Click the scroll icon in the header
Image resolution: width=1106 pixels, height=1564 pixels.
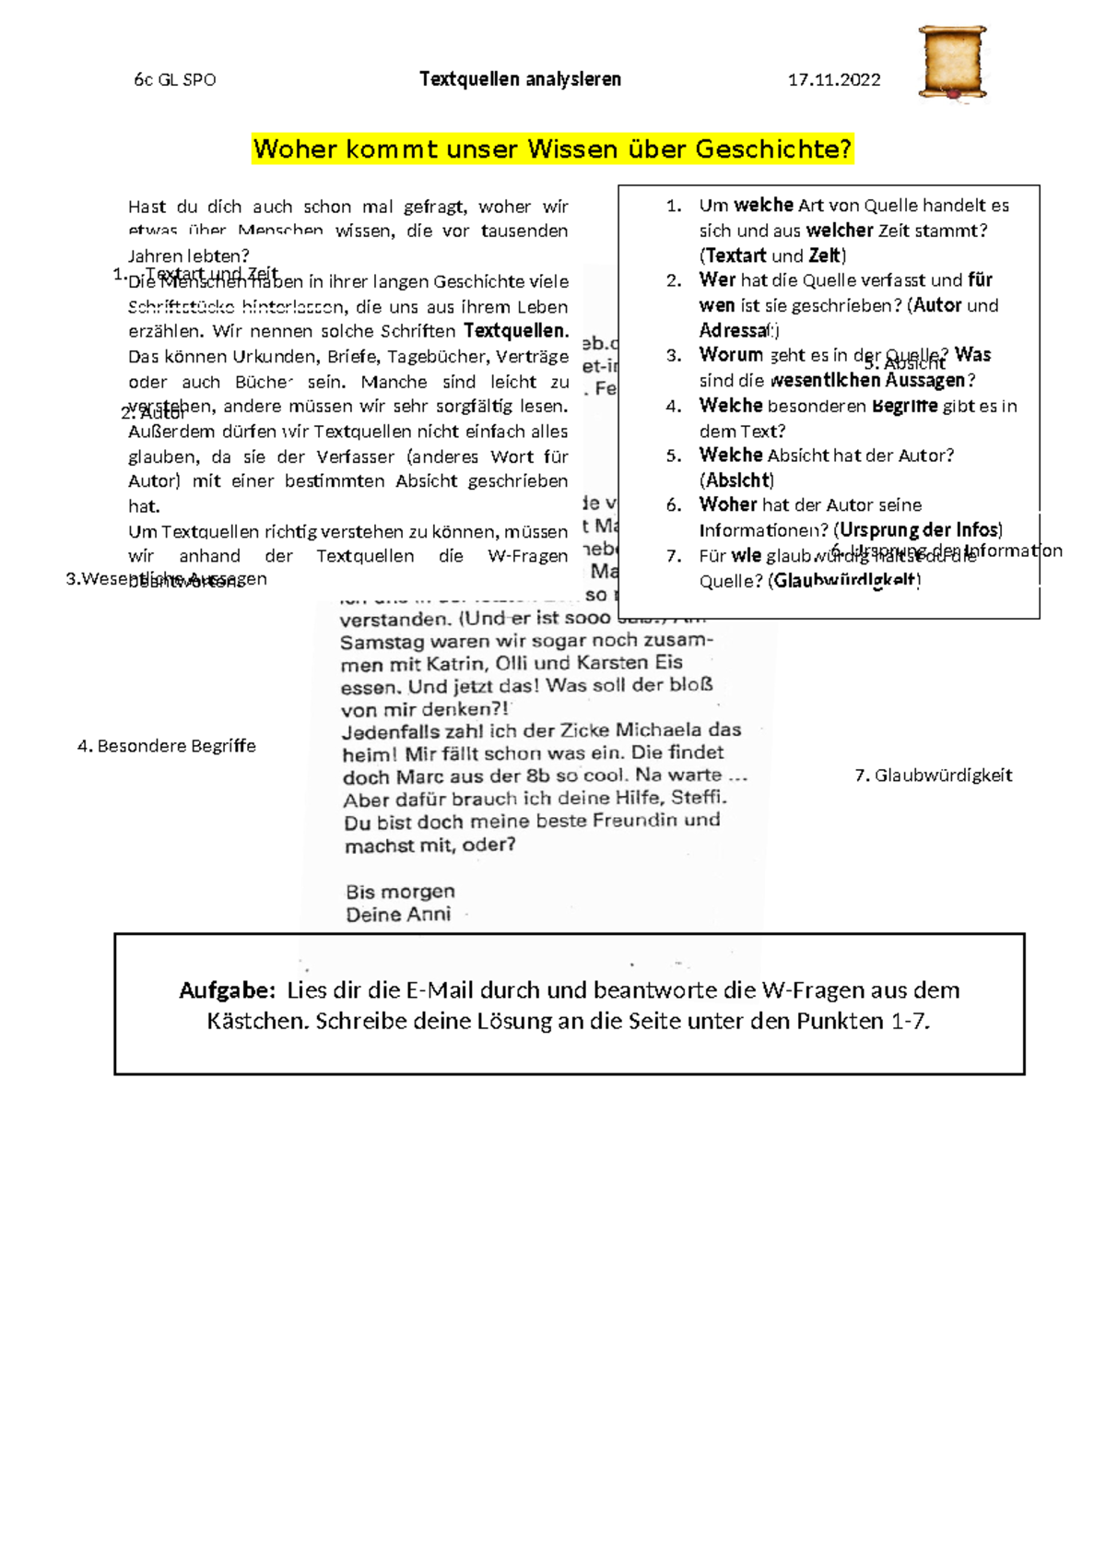953,63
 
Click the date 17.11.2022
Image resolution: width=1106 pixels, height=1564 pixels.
834,80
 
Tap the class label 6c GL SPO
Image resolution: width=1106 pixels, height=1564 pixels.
175,80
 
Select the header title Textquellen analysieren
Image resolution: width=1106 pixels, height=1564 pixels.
520,79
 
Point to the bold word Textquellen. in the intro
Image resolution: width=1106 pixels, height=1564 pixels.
515,331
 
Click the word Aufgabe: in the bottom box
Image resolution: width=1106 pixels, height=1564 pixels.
227,990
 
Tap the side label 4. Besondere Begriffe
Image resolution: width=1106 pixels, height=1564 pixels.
167,746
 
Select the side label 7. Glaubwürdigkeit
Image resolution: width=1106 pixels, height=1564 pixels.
934,776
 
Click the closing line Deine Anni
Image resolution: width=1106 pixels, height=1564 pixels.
398,915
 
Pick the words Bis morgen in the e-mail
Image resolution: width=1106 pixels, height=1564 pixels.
400,892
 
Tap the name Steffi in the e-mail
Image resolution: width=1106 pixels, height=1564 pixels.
696,799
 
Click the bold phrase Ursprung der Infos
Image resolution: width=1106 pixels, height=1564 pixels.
918,530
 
